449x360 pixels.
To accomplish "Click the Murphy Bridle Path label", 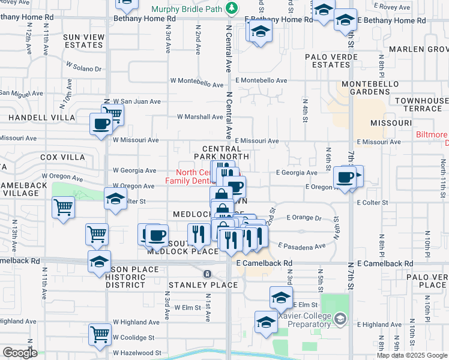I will (187, 9).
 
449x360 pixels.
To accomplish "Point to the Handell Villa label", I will (41, 118).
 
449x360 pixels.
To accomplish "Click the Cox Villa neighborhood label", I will (62, 157).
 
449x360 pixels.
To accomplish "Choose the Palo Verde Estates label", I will (331, 61).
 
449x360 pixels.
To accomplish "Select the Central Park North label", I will (221, 152).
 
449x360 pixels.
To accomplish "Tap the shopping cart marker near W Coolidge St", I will (100, 334).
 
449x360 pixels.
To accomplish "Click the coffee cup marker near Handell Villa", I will (100, 124).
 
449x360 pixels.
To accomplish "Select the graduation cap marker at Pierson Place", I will (100, 261).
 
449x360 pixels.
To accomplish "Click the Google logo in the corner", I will (20, 352).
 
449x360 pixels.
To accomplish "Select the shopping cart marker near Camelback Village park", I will (63, 207).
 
